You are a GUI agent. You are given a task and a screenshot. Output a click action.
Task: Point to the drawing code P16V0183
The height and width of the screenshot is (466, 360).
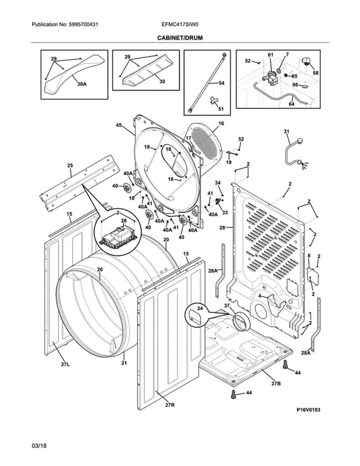tap(308, 410)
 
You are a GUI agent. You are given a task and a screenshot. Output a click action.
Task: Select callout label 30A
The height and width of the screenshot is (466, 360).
tap(82, 84)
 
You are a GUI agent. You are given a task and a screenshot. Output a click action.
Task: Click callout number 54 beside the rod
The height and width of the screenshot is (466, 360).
tap(221, 82)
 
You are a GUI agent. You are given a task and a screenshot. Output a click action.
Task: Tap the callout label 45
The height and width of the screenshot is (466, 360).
tap(119, 125)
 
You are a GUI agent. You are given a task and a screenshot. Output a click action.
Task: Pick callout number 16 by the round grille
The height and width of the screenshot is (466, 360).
tap(221, 123)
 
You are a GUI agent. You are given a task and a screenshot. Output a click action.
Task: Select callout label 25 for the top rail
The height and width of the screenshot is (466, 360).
tap(70, 165)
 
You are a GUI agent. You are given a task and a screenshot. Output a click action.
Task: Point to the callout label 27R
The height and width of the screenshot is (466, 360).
tap(170, 405)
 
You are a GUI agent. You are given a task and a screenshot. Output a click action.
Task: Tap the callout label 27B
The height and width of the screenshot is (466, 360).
tap(276, 383)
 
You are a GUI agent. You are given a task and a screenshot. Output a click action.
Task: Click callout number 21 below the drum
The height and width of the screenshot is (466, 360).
tap(124, 363)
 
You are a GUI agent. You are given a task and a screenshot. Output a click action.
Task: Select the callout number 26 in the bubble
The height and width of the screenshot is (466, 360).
tap(124, 220)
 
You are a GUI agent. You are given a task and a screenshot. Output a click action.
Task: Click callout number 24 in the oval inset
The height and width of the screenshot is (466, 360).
tap(200, 308)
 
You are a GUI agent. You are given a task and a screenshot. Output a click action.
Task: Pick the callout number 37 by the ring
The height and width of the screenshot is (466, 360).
tap(227, 306)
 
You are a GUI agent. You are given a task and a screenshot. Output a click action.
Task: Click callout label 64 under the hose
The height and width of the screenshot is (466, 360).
tap(291, 104)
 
